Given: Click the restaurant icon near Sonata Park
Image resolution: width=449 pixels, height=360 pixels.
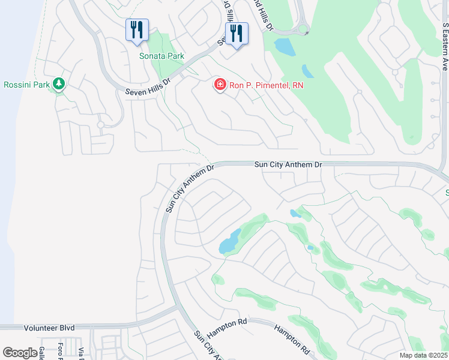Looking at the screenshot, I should click(x=137, y=30).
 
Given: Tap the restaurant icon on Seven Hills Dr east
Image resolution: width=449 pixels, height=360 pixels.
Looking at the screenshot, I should click(x=237, y=34).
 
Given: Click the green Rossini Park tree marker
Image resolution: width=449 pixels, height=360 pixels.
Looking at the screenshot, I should click(x=59, y=85).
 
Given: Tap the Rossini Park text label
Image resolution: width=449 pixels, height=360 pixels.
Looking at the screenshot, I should click(x=26, y=85).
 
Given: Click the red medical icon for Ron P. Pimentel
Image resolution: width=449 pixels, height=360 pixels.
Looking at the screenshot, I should click(x=220, y=85).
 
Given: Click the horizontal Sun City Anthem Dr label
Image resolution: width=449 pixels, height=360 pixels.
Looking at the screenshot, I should click(x=288, y=164).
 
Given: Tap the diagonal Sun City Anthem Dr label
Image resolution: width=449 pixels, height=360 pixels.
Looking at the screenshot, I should click(x=190, y=188).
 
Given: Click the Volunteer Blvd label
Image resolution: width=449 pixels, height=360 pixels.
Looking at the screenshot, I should click(x=49, y=328).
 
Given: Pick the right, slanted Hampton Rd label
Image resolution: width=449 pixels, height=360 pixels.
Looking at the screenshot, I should click(x=291, y=339).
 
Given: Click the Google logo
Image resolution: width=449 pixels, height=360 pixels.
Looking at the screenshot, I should click(x=20, y=353).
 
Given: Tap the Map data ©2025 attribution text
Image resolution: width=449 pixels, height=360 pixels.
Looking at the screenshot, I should click(x=424, y=355).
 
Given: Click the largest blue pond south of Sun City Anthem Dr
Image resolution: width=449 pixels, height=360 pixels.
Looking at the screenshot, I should click(x=229, y=242).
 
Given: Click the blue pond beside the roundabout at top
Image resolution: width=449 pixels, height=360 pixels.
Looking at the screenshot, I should click(x=284, y=46).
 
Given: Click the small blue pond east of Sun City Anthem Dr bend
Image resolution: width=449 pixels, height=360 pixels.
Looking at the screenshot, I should click(x=295, y=213).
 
